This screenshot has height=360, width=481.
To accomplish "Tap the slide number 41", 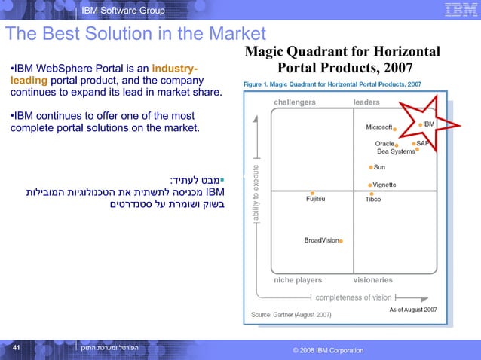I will (x=15, y=348).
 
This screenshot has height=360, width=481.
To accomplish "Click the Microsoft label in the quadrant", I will (x=378, y=127).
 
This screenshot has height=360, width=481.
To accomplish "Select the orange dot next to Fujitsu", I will (x=312, y=193).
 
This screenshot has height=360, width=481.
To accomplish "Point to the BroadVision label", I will (x=320, y=240).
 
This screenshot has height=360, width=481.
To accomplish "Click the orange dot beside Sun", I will (x=371, y=167).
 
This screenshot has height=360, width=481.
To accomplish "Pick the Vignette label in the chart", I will (x=385, y=185).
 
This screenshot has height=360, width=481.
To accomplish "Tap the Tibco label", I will (x=372, y=200).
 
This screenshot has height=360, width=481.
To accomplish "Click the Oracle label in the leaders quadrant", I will (x=384, y=143).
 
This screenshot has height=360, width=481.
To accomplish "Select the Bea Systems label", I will (x=395, y=151).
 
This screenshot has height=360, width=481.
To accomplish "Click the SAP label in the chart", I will (x=423, y=142).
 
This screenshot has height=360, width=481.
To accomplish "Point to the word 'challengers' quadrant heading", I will (x=295, y=102).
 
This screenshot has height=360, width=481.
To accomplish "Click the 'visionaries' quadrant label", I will (x=372, y=280).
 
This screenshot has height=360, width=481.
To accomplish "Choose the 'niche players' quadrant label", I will (x=298, y=280).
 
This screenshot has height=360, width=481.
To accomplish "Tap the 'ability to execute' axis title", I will (x=257, y=193).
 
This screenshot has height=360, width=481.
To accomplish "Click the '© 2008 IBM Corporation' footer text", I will (x=327, y=351).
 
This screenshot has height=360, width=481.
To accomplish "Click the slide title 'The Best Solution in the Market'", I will (x=136, y=34).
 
